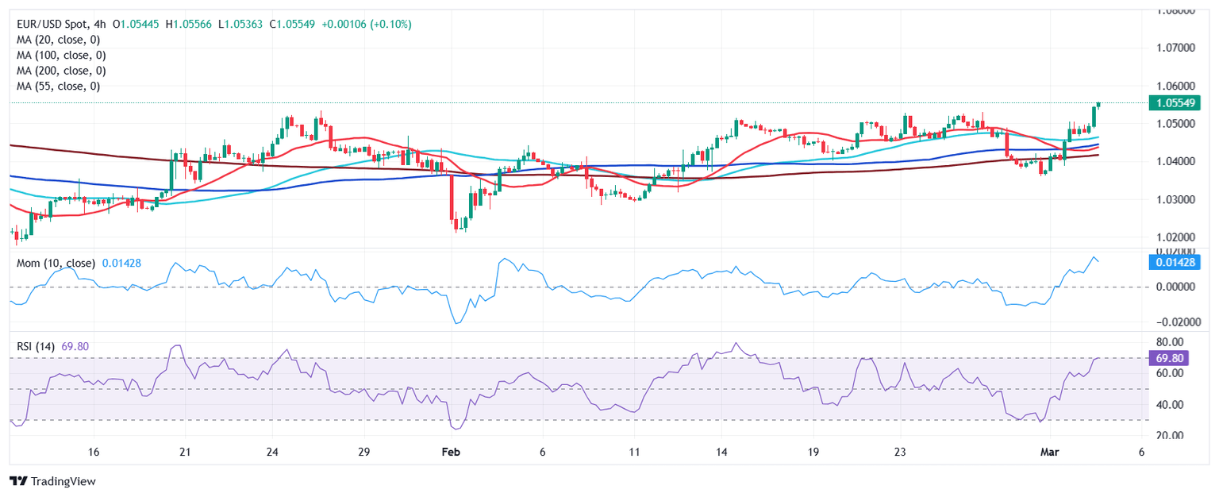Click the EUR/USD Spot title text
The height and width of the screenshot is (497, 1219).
[x=53, y=25]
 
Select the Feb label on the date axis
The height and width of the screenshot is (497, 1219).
[x=451, y=451]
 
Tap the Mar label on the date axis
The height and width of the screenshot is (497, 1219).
[x=1052, y=451]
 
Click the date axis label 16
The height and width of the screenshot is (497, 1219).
[x=94, y=451]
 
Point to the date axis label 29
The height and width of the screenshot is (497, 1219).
[x=363, y=451]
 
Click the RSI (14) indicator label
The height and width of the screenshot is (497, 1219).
[x=36, y=347]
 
